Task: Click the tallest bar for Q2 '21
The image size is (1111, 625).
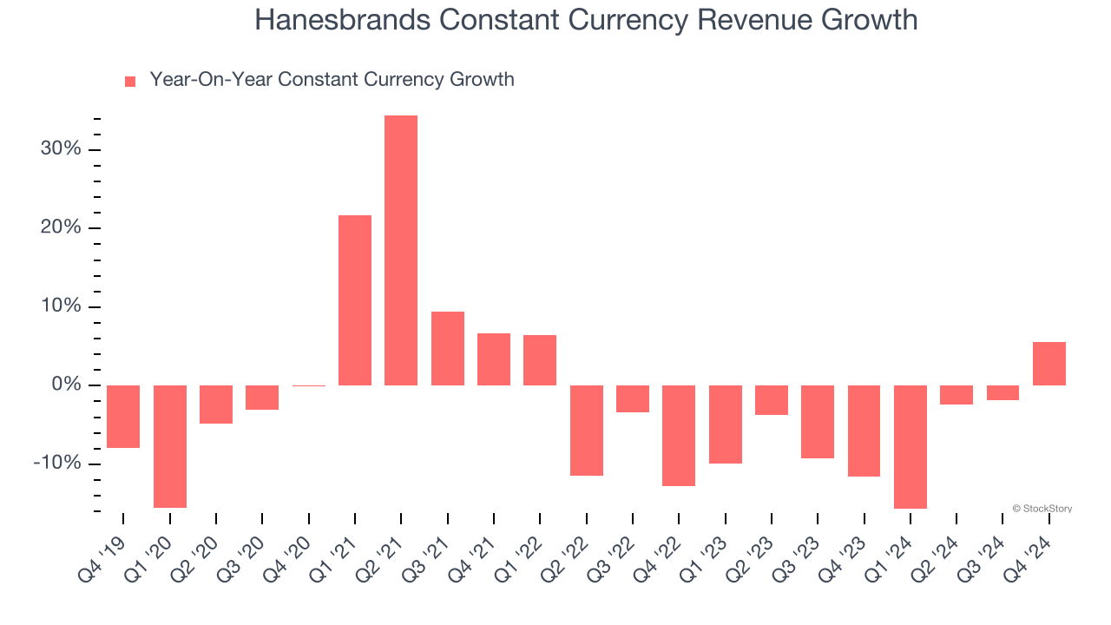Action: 401,250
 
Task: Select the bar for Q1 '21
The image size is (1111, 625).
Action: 355,299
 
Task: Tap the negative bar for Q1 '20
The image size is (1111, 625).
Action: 170,446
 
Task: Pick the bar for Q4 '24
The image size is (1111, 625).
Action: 1049,364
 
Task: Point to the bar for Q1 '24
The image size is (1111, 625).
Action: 910,447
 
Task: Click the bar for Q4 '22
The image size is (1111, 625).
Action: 679,436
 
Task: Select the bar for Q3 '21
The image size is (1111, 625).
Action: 448,348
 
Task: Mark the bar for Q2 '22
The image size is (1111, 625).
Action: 587,431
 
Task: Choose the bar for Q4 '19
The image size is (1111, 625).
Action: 123,417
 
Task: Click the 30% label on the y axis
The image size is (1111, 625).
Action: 61,149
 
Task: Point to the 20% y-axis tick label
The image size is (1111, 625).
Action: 61,228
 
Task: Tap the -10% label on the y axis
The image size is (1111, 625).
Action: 57,464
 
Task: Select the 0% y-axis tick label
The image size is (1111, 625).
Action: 66,385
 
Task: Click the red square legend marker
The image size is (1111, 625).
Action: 130,82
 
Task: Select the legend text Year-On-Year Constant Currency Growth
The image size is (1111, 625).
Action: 332,80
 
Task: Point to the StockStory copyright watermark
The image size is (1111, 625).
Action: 1042,509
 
